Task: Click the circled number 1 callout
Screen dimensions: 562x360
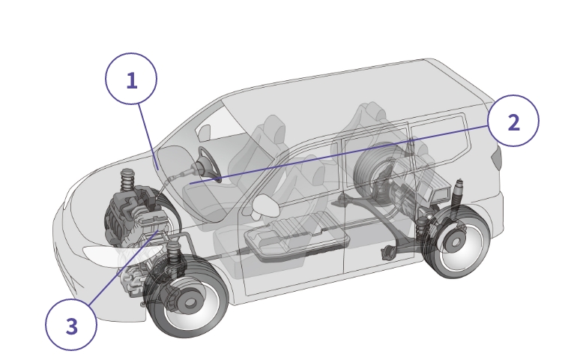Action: [131, 79]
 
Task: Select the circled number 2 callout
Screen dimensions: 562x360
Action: [513, 121]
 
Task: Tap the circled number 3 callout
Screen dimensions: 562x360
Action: [71, 325]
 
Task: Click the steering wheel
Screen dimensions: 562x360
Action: [210, 164]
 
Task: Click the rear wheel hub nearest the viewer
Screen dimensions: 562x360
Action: [455, 243]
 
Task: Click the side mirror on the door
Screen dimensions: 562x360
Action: [266, 205]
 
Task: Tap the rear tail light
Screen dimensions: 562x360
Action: [497, 157]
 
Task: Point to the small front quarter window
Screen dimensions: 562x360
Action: [205, 133]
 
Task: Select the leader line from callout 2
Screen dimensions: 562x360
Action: [339, 154]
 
